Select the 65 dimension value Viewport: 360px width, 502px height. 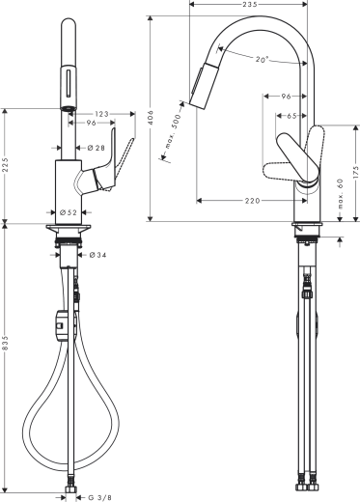(291, 116)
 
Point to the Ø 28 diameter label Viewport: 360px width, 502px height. (96, 148)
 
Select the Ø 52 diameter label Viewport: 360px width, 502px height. (69, 211)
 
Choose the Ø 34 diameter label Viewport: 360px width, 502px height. (97, 256)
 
